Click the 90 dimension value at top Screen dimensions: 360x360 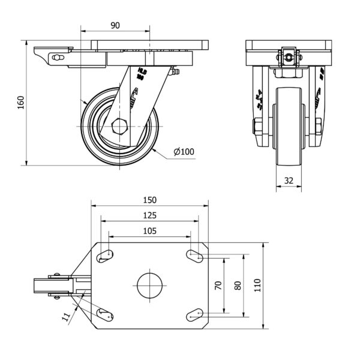coord(116,25)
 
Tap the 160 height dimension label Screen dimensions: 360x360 coord(20,103)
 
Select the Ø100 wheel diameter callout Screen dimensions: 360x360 coord(184,152)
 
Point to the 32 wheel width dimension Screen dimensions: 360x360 coord(288,181)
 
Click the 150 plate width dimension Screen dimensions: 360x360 coord(150,200)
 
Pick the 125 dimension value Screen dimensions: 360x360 coord(150,215)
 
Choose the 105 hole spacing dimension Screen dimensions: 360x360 coord(150,230)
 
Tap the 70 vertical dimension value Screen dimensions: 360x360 coord(218,286)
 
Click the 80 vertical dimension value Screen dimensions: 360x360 coord(238,286)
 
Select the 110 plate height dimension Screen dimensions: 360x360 coord(259,286)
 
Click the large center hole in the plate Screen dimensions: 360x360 coord(150,286)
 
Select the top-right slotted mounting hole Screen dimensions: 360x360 coord(194,256)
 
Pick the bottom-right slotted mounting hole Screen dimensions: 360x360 coord(194,314)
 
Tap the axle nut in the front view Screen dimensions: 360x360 coord(256,127)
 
